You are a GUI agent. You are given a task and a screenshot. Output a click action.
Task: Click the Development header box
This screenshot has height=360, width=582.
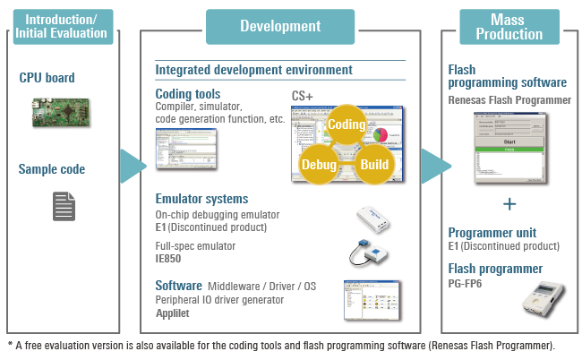(280, 26)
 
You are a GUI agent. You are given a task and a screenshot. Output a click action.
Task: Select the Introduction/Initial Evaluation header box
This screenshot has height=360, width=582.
(62, 26)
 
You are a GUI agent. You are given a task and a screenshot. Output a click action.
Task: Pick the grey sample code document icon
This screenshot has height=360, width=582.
(63, 207)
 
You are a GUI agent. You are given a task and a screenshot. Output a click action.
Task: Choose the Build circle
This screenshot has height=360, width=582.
(374, 166)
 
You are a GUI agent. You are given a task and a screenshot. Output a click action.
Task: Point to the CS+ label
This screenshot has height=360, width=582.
(303, 96)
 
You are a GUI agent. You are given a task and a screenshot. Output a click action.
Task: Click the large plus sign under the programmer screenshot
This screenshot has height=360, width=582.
(509, 203)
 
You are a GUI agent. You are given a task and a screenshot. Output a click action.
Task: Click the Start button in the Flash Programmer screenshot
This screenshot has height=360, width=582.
(509, 141)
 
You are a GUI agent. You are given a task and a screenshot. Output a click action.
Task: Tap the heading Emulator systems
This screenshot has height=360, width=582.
(201, 199)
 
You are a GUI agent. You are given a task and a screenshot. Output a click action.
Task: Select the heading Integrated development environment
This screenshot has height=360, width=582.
(253, 70)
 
